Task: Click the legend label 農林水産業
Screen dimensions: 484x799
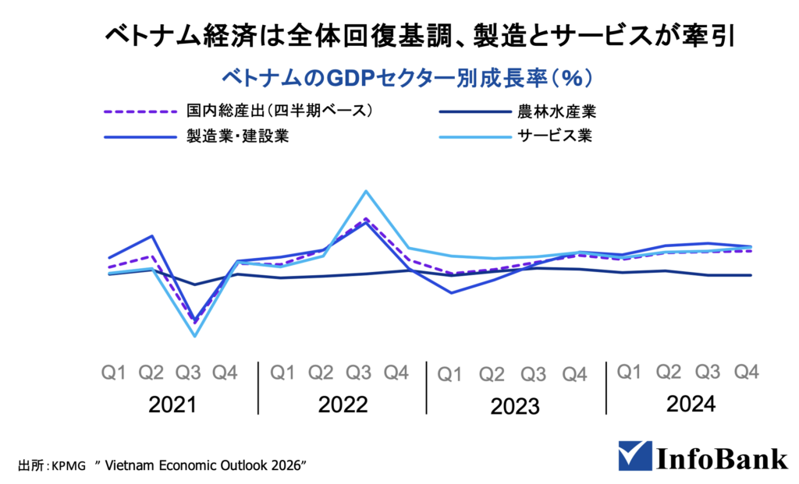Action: [558, 111]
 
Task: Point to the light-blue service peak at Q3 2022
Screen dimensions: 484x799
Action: [365, 191]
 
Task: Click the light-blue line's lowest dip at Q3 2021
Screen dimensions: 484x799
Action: [194, 336]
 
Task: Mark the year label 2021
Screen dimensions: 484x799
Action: [172, 405]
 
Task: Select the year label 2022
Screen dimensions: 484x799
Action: [343, 405]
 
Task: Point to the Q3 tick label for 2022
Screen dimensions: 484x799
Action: [357, 373]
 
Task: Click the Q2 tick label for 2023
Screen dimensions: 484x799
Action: [492, 374]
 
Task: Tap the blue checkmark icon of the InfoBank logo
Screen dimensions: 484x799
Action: [633, 456]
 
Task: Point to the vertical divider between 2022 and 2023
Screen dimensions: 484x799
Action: [426, 387]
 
